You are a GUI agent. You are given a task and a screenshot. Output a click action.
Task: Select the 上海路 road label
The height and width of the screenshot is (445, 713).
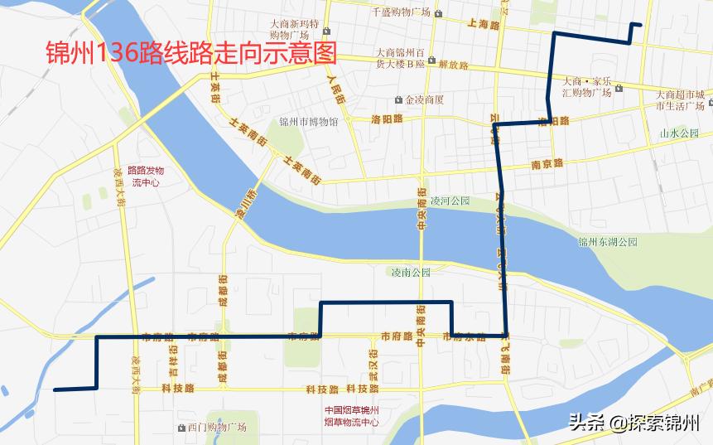[x=484, y=26]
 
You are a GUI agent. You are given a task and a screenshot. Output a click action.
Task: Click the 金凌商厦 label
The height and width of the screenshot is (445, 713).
[x=424, y=99]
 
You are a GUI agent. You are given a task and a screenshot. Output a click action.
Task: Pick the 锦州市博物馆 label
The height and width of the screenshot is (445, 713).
[x=308, y=122]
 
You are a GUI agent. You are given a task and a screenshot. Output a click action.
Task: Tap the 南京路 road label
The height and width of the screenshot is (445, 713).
[x=547, y=163]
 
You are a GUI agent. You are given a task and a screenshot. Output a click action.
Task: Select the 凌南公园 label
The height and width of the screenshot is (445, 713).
[x=411, y=272]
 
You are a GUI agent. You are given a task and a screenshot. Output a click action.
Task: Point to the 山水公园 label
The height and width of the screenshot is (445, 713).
[x=679, y=133]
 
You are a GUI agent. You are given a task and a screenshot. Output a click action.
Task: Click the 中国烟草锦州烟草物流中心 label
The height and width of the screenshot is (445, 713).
[x=351, y=416]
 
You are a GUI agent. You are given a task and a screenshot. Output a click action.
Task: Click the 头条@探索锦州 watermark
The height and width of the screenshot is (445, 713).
[x=633, y=422]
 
